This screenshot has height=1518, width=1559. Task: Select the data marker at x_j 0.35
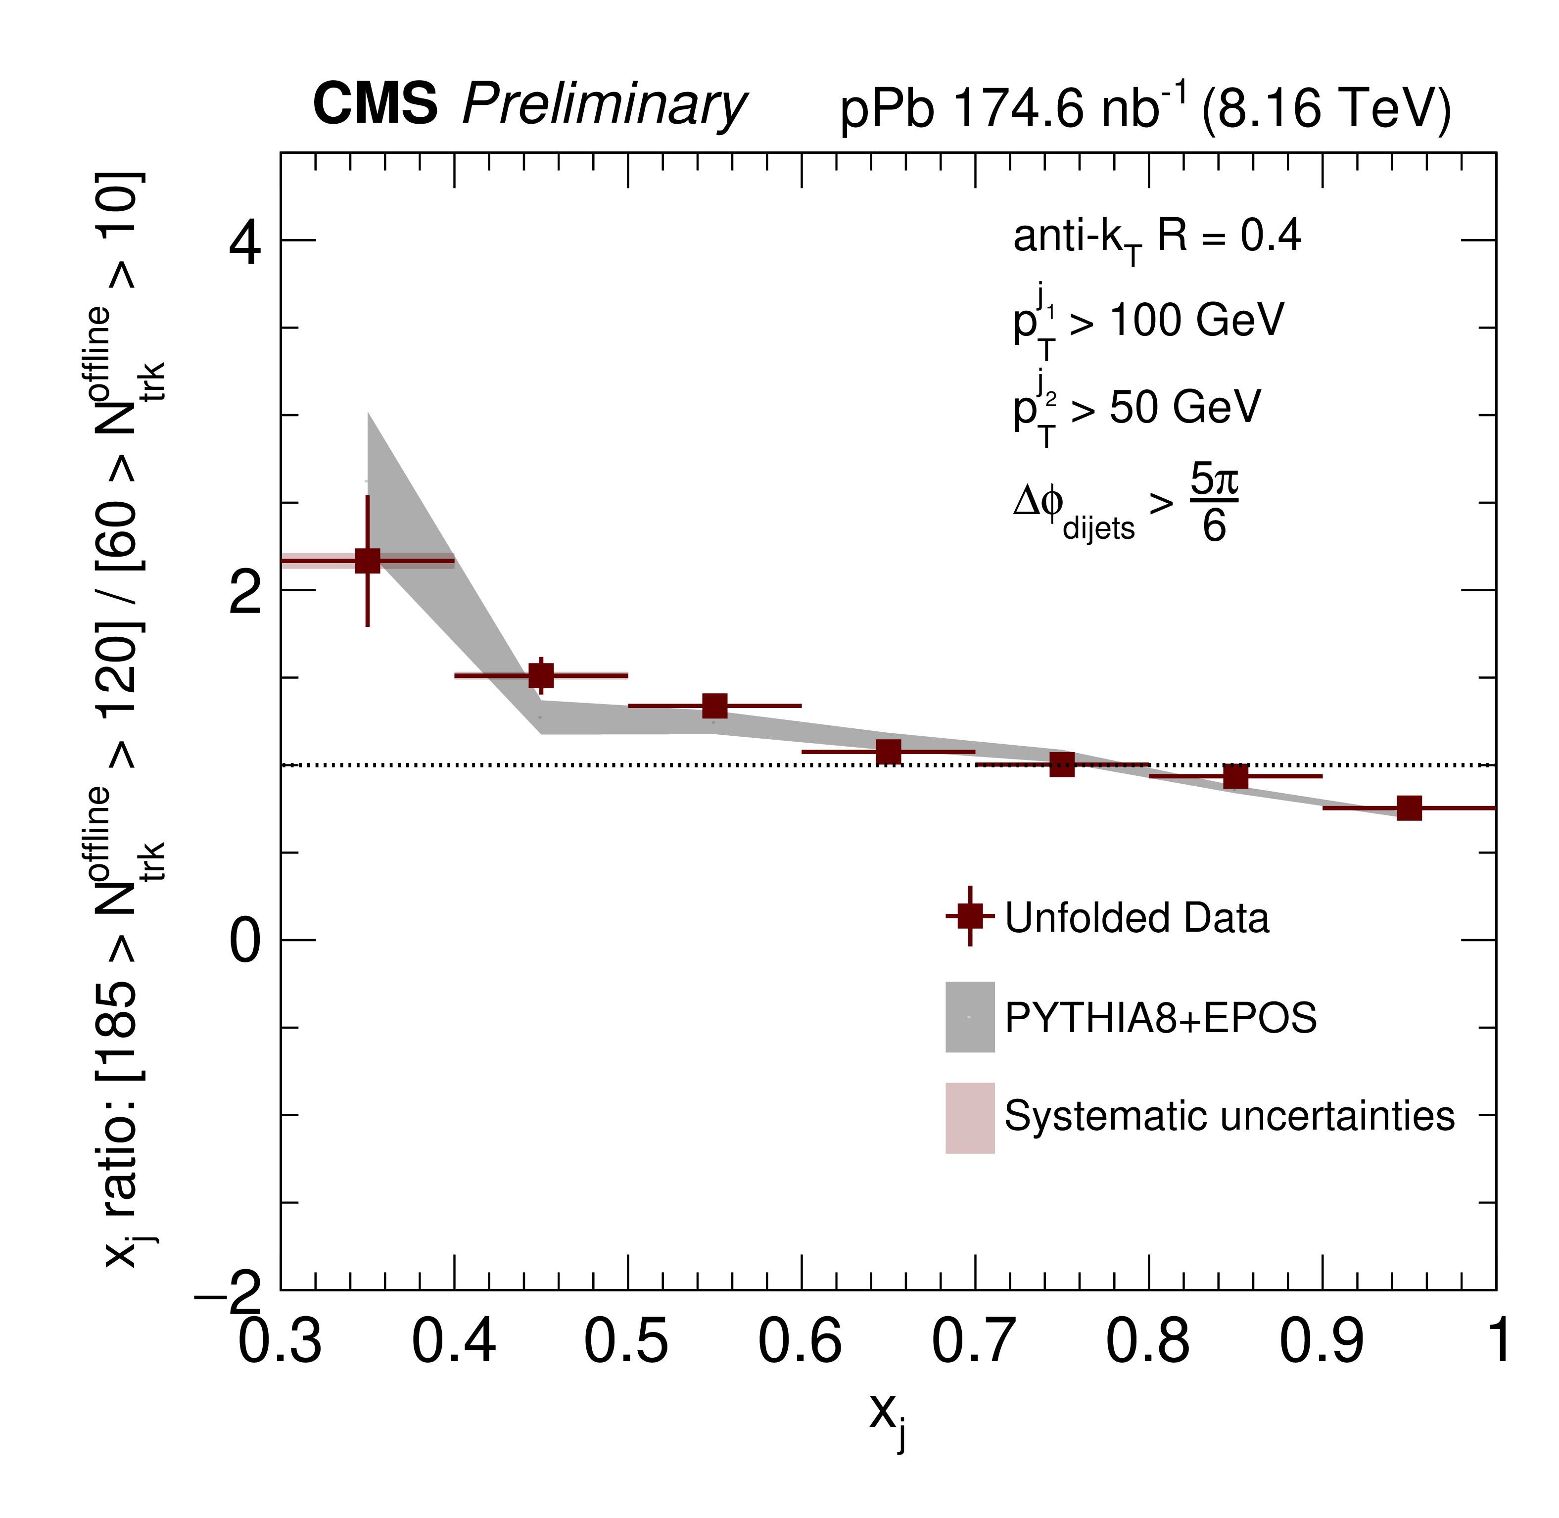368,561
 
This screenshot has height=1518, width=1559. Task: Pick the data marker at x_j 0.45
541,675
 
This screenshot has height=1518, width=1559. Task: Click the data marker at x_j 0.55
715,706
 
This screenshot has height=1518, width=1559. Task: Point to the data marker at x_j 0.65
889,751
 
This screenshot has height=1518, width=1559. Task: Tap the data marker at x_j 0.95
1409,807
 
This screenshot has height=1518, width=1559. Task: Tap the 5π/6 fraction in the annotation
1214,503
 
